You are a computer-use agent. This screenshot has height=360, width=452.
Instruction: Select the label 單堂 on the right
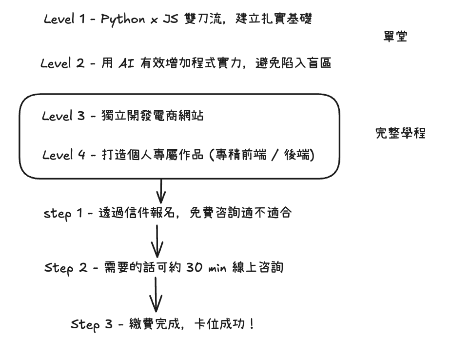click(395, 38)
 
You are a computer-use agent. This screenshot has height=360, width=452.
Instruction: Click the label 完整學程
click(400, 133)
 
